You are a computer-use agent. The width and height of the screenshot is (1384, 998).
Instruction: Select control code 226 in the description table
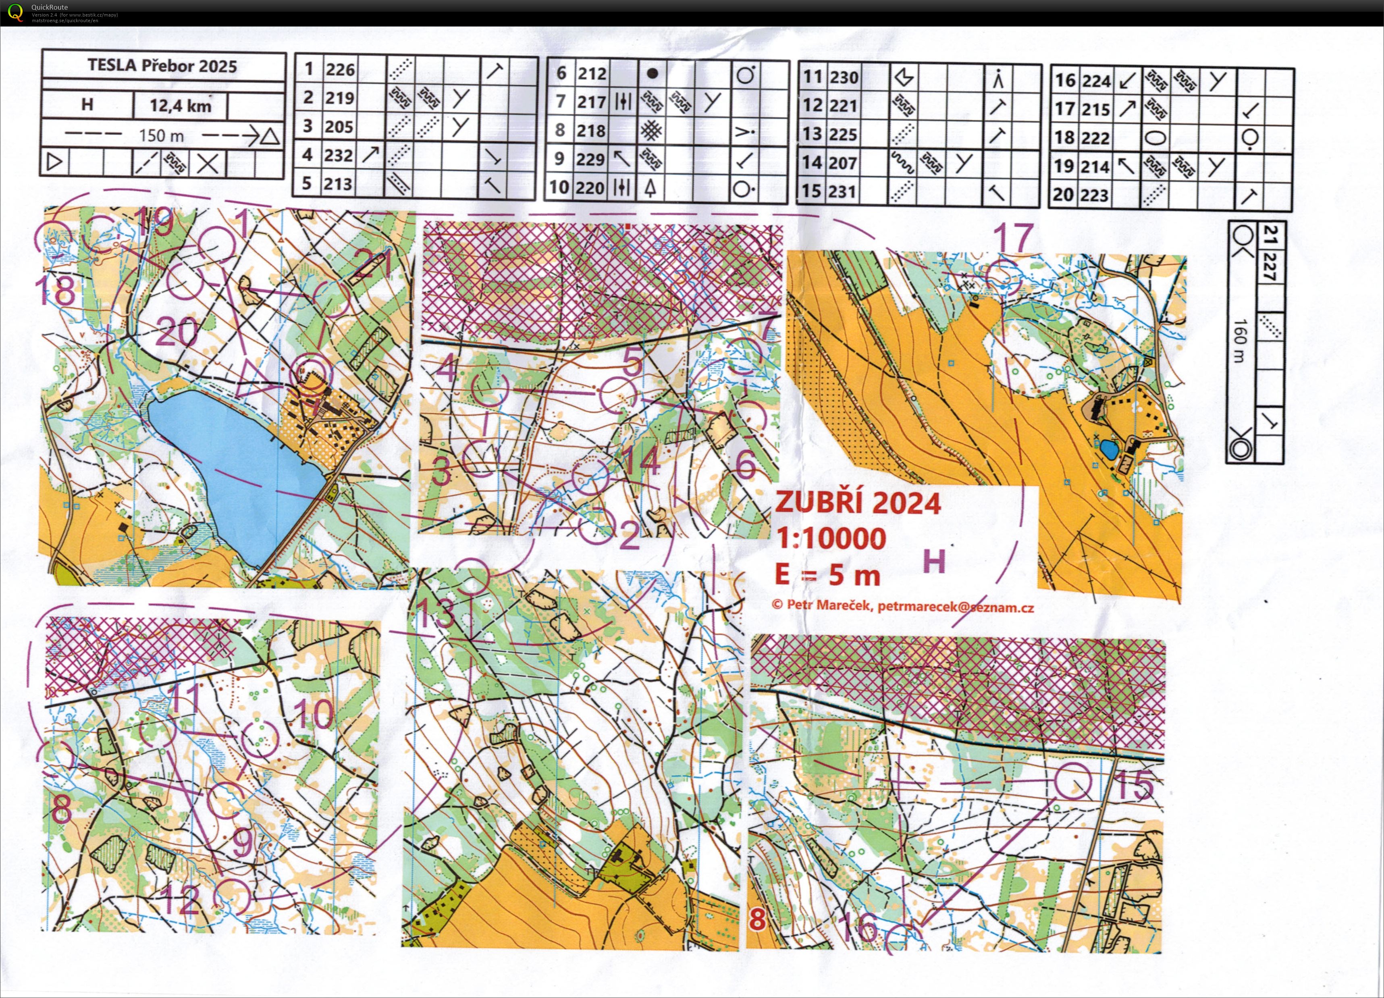click(x=340, y=70)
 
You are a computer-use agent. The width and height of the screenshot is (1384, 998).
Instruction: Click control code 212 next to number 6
click(x=592, y=74)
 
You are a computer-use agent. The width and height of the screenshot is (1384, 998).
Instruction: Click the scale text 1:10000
click(x=831, y=539)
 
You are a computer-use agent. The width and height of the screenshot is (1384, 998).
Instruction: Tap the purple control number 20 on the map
click(x=177, y=333)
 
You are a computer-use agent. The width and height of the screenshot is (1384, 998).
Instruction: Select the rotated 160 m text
click(x=1239, y=340)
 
